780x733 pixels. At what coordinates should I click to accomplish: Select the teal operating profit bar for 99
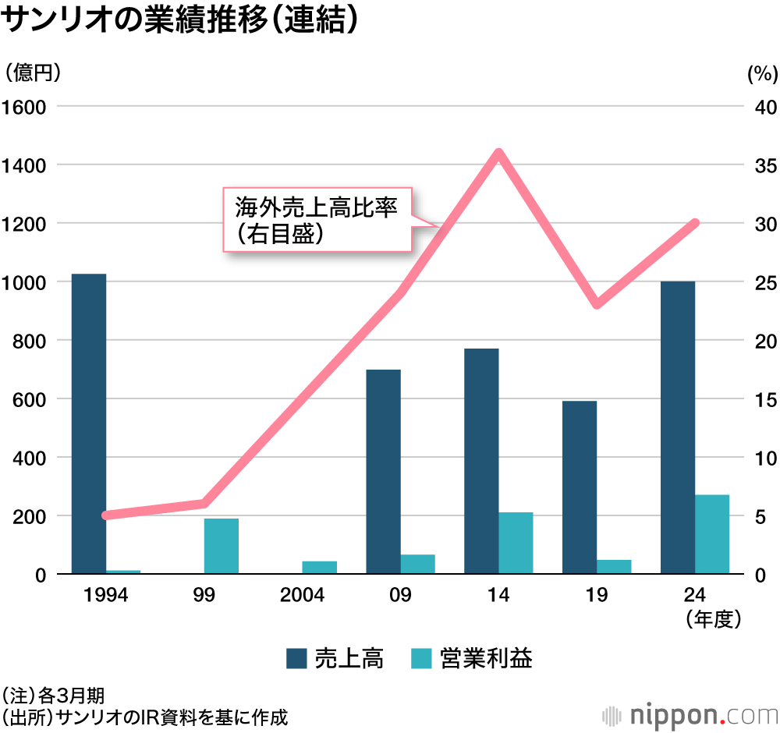click(x=221, y=546)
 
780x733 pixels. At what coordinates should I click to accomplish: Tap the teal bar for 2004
click(x=319, y=567)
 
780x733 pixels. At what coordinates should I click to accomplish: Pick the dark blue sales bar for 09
click(x=383, y=472)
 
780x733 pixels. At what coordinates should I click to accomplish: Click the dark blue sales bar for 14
click(x=481, y=461)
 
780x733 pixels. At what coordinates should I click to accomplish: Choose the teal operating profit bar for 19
click(x=613, y=566)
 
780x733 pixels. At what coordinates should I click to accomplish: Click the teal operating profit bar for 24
click(x=711, y=534)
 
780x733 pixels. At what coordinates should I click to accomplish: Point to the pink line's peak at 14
click(x=498, y=153)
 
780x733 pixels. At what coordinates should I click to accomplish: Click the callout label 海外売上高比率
click(x=317, y=208)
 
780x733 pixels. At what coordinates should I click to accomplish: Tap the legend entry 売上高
click(x=335, y=658)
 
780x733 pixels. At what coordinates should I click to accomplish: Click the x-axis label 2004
click(x=302, y=597)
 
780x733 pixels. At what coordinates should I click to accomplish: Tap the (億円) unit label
click(x=32, y=73)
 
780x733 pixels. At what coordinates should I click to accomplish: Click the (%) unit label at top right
click(x=762, y=74)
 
